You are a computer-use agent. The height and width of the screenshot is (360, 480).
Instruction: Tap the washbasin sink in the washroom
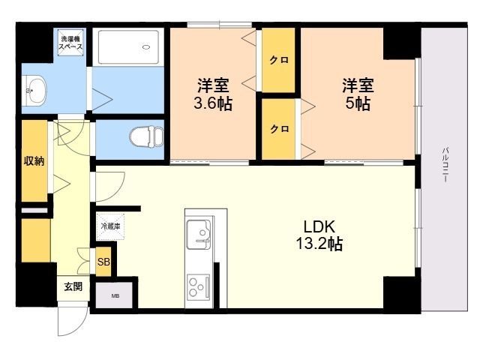[x=34, y=91]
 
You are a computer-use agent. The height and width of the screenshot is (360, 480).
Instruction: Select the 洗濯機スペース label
[x=71, y=42]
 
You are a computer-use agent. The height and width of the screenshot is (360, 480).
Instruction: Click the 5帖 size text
[x=358, y=104]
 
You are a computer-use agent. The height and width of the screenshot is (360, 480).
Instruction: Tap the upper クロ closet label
[x=279, y=61]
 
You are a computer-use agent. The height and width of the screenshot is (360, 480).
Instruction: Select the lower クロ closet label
[x=279, y=129]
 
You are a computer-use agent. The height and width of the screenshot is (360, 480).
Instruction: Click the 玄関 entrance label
[x=73, y=286]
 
